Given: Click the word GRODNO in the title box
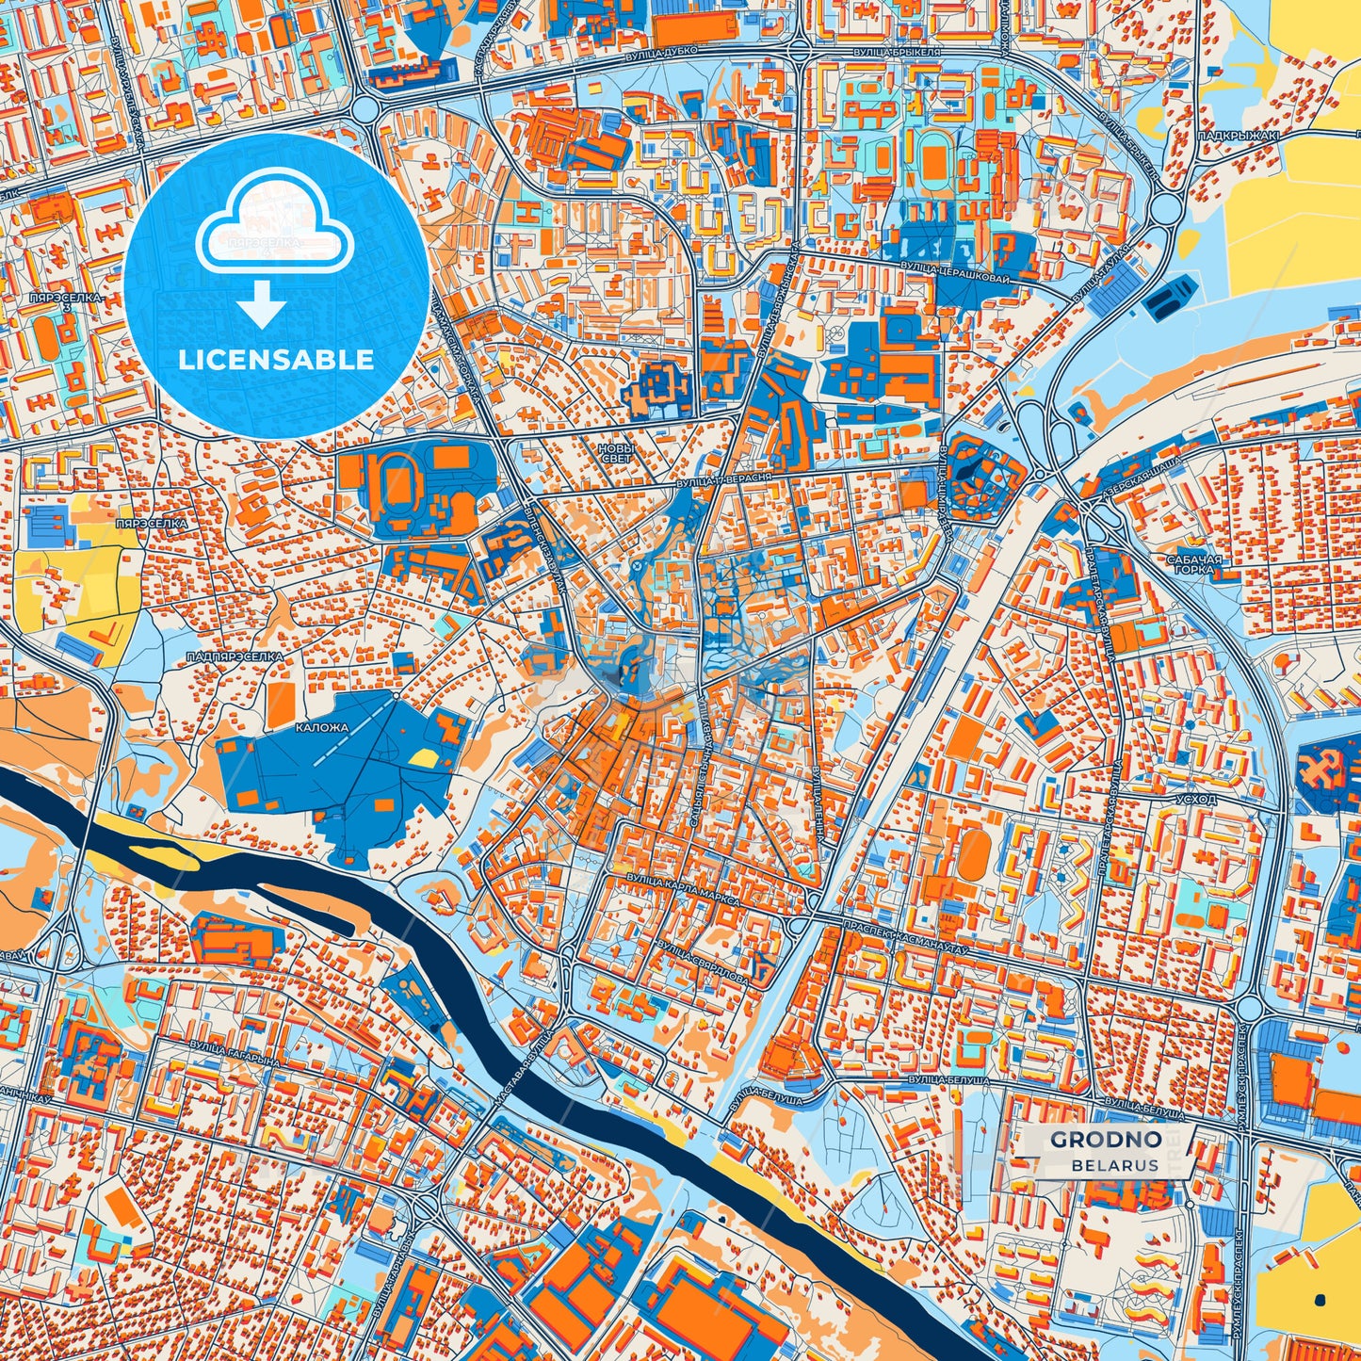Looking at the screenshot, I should pos(1105,1140).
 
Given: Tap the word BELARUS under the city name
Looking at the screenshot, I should pos(1114,1165).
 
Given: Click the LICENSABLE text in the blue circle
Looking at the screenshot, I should pos(277,360).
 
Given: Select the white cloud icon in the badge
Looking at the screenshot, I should pos(274,232).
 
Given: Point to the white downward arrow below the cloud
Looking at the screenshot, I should pos(262,306).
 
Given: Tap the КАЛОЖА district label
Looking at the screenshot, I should pos(322,727).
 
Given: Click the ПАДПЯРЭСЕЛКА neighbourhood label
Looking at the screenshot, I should pos(235,656).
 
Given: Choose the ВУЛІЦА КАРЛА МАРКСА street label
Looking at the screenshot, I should pos(684,889).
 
